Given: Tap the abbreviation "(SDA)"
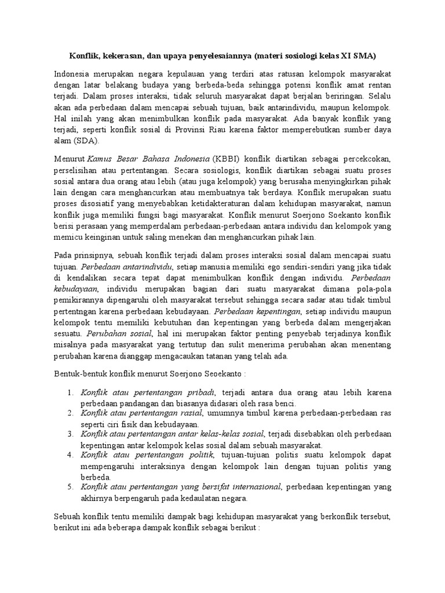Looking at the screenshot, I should [x=85, y=140].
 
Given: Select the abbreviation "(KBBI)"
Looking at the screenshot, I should [x=228, y=159].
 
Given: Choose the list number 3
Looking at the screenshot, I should [x=69, y=434].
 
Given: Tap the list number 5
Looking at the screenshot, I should [x=69, y=487].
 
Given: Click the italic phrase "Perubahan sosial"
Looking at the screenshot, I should [x=119, y=334].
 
